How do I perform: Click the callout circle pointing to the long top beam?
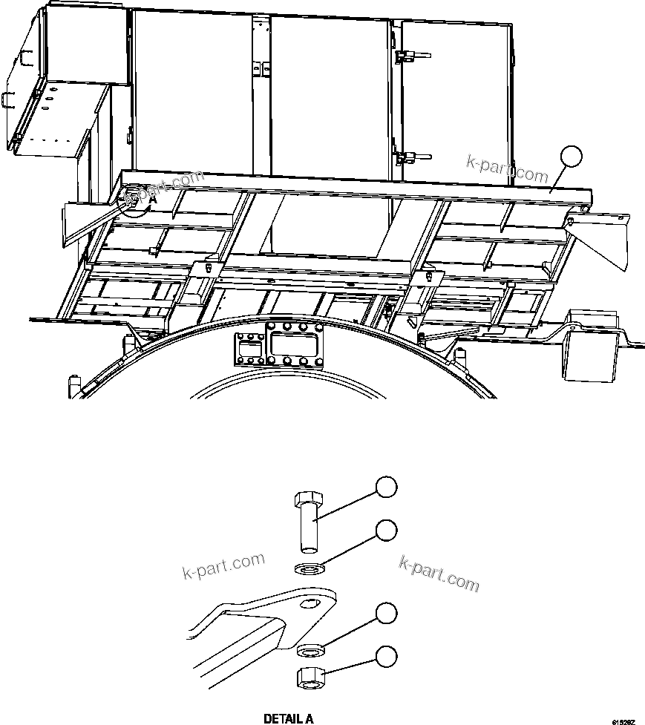[x=571, y=156]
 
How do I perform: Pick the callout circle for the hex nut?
[x=384, y=656]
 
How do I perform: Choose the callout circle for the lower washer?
[x=384, y=613]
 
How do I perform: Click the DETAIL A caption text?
[x=289, y=718]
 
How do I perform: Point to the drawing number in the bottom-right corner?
[x=624, y=721]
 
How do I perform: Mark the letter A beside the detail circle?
[x=153, y=200]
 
